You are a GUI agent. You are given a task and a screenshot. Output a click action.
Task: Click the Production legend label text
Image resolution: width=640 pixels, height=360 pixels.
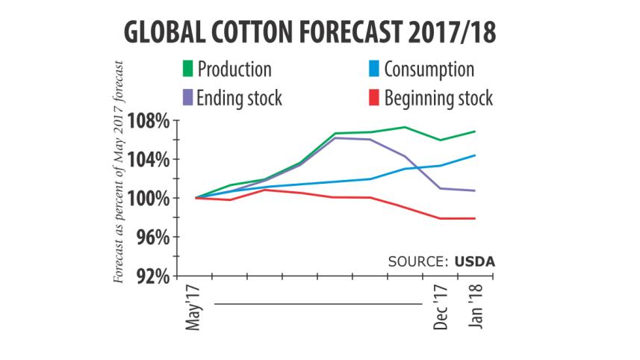click(x=234, y=70)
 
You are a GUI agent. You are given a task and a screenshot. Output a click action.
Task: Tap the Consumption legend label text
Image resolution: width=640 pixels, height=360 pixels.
click(x=429, y=70)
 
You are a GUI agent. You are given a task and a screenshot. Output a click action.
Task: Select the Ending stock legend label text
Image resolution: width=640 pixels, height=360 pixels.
click(x=240, y=97)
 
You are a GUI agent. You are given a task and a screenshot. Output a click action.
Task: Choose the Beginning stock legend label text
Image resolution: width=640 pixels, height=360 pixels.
click(x=438, y=97)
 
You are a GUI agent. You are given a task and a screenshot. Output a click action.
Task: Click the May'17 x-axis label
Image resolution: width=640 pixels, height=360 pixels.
click(x=196, y=308)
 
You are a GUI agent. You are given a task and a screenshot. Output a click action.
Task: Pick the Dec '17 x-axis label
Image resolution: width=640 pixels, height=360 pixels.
click(x=442, y=307)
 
